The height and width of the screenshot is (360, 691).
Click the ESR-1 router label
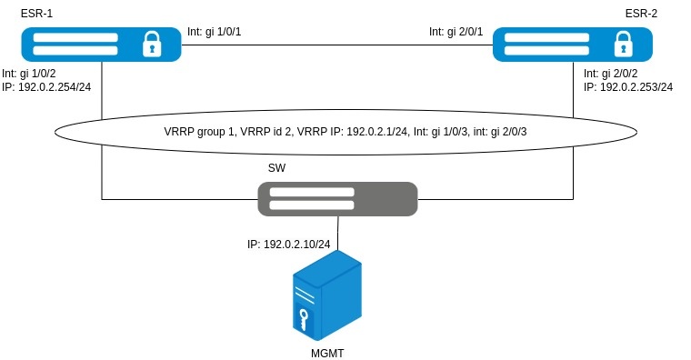tap(36, 14)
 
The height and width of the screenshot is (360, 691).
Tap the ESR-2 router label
tap(641, 14)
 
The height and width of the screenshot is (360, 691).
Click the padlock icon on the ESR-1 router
tap(152, 44)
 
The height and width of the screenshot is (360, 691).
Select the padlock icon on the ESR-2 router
tap(623, 44)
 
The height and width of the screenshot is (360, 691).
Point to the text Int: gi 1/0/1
tap(215, 32)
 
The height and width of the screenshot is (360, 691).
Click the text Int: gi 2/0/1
tap(456, 32)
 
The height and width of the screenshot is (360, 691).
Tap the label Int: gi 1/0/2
tap(29, 74)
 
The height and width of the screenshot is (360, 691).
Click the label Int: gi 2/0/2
tap(611, 74)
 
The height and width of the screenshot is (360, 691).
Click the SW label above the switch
tap(276, 168)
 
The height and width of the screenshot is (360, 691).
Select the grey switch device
tap(337, 199)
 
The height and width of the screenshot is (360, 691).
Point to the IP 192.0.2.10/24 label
tap(288, 245)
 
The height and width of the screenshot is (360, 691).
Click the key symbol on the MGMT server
tap(303, 319)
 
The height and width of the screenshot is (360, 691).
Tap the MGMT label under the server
tap(327, 354)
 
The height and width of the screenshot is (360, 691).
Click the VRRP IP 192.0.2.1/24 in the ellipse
tap(376, 132)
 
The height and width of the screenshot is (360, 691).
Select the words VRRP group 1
tap(199, 132)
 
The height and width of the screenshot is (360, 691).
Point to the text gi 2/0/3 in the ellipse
tap(509, 132)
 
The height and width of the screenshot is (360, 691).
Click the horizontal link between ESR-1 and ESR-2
tap(337, 45)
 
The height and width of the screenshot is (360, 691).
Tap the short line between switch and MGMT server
tap(338, 234)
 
